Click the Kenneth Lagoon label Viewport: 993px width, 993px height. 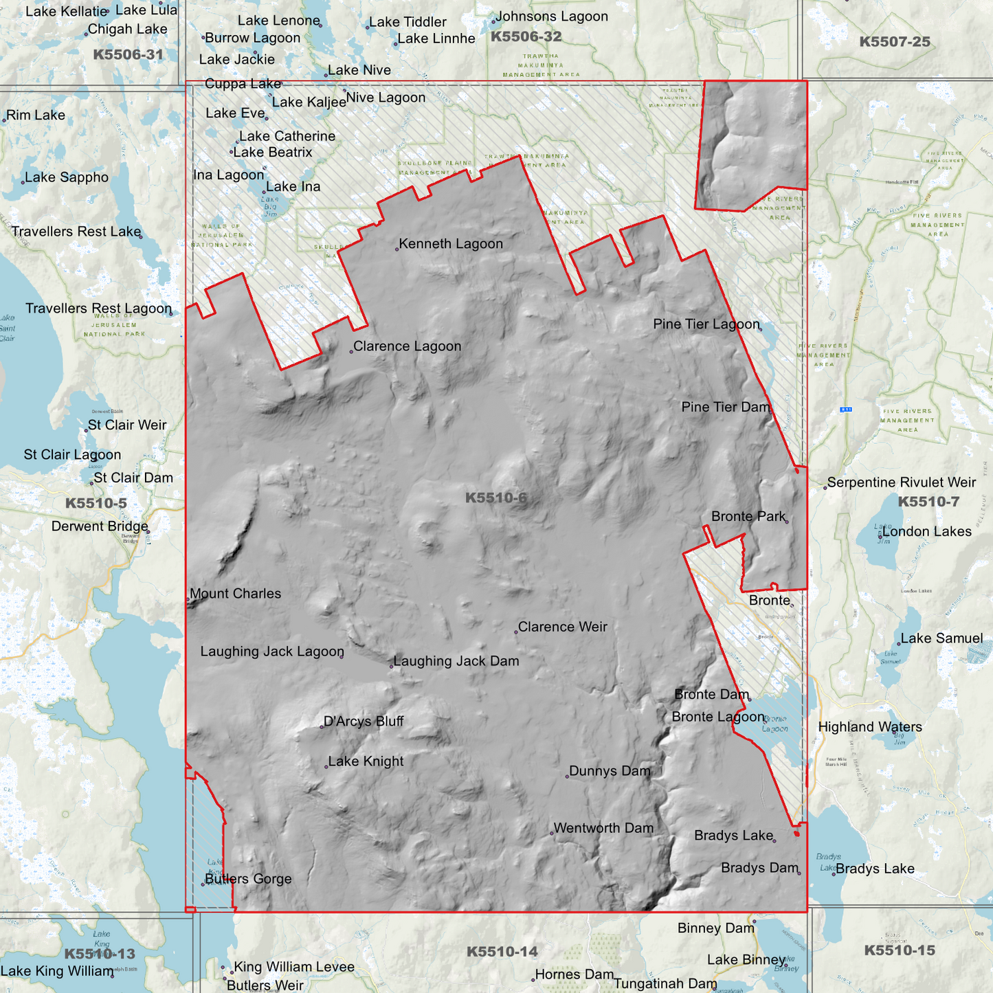(x=451, y=244)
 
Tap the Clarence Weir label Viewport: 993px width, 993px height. (x=562, y=627)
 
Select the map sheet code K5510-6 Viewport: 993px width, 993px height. (x=496, y=498)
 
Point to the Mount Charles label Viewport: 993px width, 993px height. (x=236, y=594)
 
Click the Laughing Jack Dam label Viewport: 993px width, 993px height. (x=456, y=661)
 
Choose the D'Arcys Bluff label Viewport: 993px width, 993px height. (x=364, y=722)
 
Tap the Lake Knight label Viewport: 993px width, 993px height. (x=366, y=761)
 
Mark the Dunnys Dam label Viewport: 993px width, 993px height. (x=610, y=771)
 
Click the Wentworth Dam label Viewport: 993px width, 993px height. (x=603, y=828)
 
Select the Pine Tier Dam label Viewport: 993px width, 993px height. (x=726, y=408)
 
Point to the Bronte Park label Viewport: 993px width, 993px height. (x=748, y=517)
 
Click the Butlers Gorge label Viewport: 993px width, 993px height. (x=249, y=879)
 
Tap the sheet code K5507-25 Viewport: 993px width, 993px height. (x=895, y=42)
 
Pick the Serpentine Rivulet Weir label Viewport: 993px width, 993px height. (x=902, y=482)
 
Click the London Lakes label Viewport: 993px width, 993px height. (x=927, y=532)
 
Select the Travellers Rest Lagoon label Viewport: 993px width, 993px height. (x=98, y=309)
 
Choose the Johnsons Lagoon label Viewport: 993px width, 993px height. (x=552, y=16)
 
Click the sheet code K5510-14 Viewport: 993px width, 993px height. (x=502, y=952)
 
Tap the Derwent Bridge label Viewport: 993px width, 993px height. (x=100, y=526)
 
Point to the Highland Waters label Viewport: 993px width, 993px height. (x=870, y=727)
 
